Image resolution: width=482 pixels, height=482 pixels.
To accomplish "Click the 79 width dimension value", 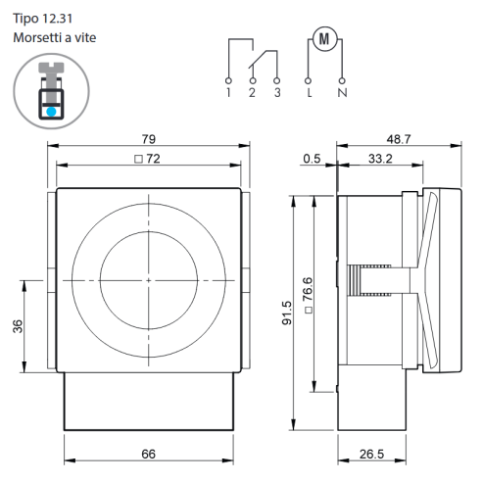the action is click(149, 139).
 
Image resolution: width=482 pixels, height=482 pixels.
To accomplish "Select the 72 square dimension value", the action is click(153, 159).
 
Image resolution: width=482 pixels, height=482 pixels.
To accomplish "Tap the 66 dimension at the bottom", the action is click(149, 454).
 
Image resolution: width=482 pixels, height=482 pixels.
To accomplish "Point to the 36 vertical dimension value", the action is click(18, 326).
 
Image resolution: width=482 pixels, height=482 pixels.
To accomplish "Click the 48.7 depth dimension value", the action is click(399, 139).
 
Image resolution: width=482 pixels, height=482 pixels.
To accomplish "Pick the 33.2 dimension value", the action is click(380, 159).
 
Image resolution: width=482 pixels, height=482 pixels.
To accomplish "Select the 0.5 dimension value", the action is click(312, 159).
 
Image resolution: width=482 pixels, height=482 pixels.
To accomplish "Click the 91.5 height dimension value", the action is click(287, 313).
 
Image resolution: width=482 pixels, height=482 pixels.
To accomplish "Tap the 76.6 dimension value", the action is click(308, 289).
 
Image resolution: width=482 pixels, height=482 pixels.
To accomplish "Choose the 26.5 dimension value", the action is click(372, 454).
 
